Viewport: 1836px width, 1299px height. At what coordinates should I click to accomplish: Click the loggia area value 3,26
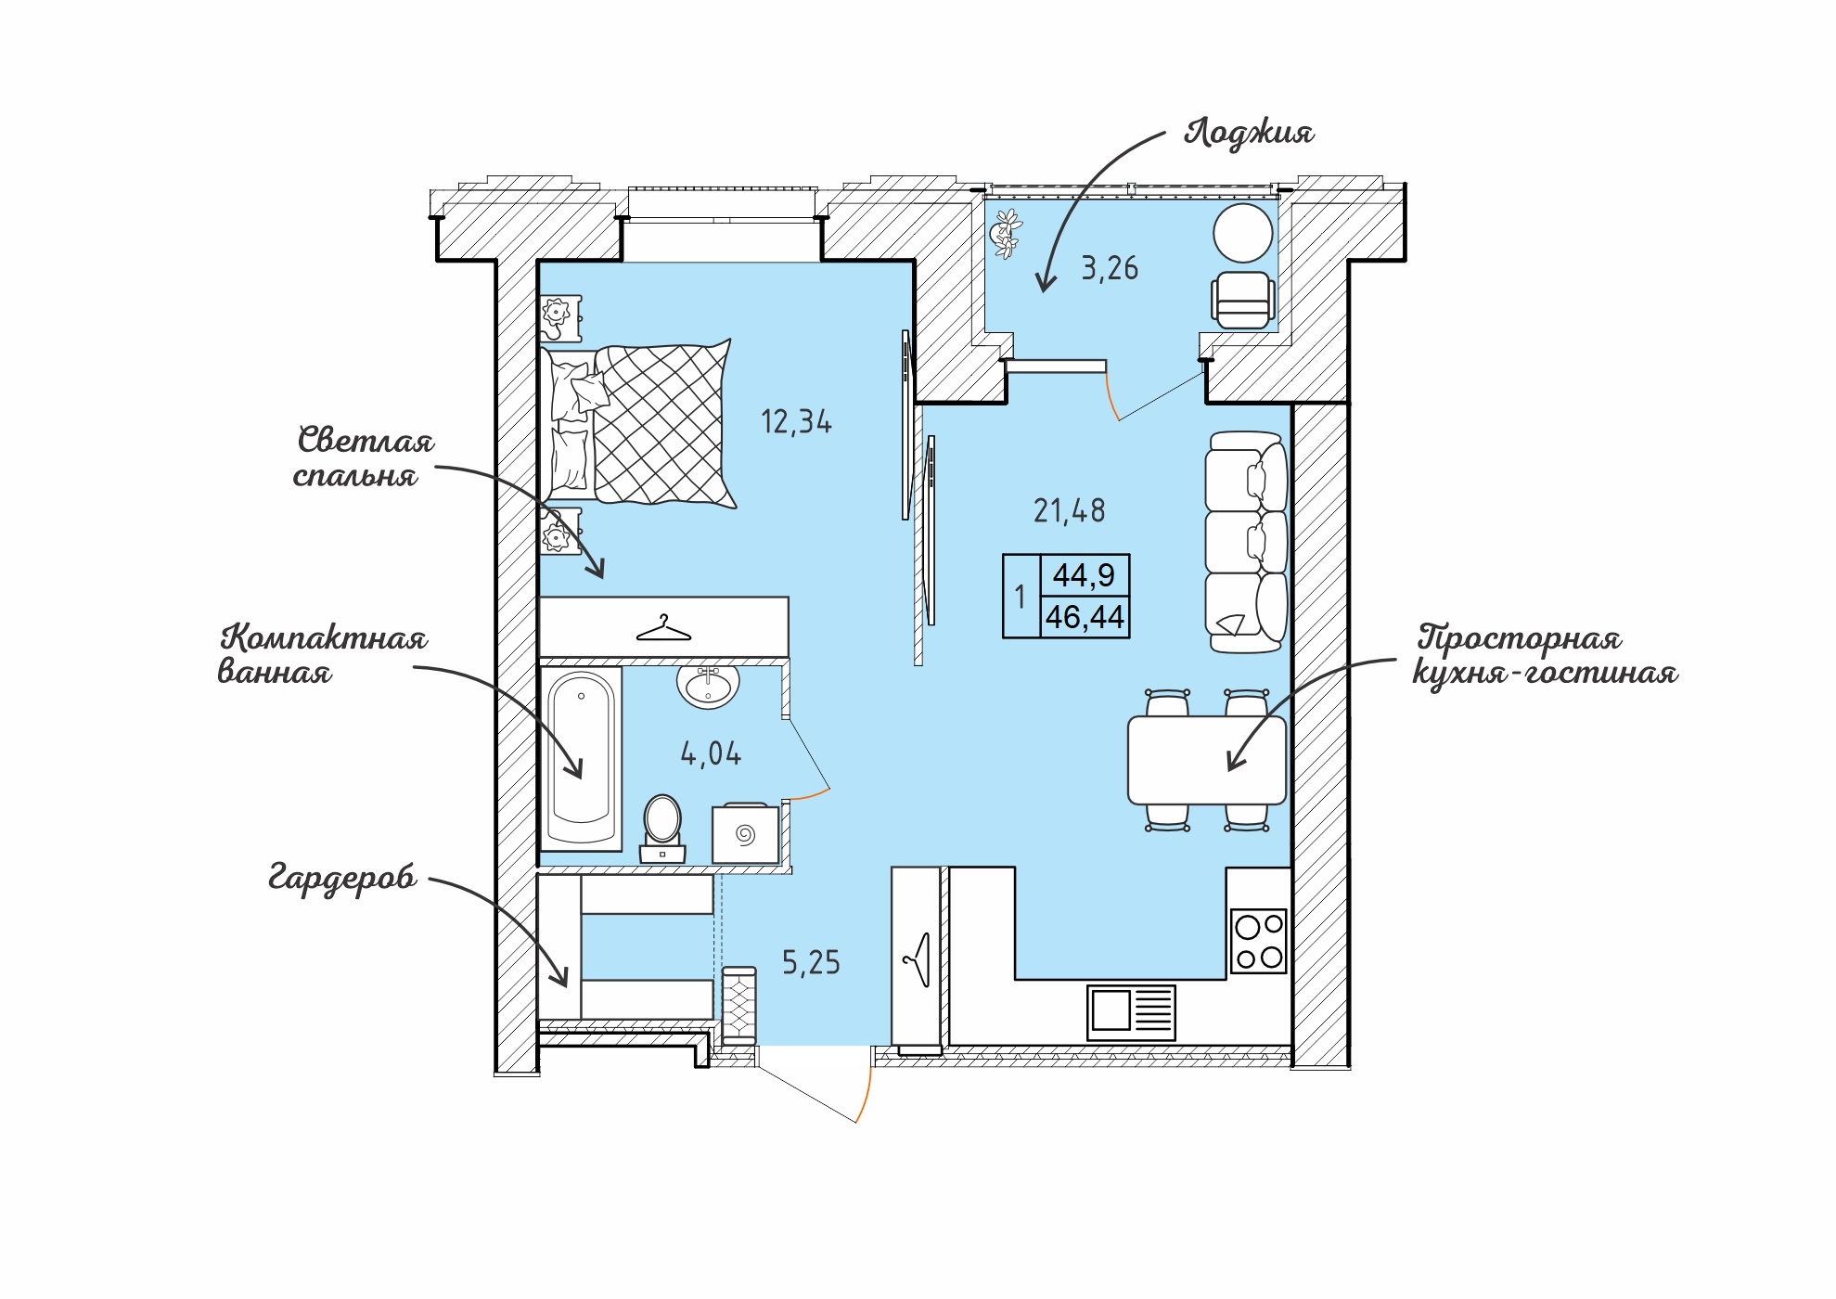(1110, 269)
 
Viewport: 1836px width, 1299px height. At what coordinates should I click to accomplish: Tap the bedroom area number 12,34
(796, 422)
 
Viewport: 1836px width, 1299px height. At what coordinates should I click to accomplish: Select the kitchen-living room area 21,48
(1070, 511)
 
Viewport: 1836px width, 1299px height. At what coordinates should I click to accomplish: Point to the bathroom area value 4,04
(712, 754)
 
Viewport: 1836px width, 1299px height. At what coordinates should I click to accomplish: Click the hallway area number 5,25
(811, 963)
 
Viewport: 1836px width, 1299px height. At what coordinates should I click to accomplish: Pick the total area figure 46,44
(1085, 617)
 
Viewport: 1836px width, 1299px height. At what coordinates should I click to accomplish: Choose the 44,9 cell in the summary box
(1084, 575)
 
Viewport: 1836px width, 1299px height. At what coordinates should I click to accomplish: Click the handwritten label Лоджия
(1249, 133)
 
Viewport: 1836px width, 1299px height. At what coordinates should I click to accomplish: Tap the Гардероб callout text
(342, 878)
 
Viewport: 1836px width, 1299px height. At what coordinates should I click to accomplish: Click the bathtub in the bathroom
(581, 758)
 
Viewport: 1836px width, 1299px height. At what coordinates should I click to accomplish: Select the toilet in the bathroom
(662, 829)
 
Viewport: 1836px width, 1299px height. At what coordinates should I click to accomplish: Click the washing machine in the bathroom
(746, 833)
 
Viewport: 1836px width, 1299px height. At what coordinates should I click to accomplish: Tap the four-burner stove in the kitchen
(1259, 941)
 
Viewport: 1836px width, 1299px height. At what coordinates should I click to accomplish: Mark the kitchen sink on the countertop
(1131, 1012)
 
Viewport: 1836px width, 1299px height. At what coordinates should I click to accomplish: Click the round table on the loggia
(1243, 233)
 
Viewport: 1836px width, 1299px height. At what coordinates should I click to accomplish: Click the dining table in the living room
(1207, 760)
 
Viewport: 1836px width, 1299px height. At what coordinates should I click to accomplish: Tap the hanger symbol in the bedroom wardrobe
(663, 629)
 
